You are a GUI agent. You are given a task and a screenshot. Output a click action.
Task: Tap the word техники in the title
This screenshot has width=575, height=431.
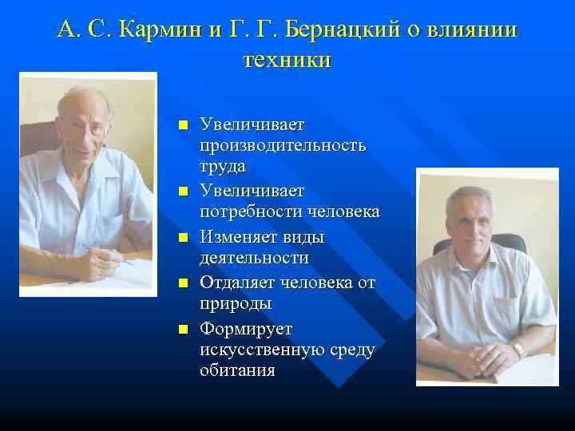point(285,60)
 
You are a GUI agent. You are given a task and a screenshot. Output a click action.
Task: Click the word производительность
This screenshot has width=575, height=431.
point(283,146)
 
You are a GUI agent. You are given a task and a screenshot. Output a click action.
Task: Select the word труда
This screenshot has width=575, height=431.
point(223,167)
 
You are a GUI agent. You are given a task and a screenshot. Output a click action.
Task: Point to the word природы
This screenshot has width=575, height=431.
point(236,304)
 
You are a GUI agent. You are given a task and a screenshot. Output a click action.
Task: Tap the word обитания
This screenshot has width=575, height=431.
point(237,370)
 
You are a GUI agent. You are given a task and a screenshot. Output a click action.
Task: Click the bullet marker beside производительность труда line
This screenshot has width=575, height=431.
point(183,126)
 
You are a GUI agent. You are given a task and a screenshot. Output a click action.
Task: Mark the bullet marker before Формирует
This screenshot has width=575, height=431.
point(183,330)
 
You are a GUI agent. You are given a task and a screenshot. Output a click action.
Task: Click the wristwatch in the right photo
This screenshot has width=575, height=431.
point(517,349)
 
